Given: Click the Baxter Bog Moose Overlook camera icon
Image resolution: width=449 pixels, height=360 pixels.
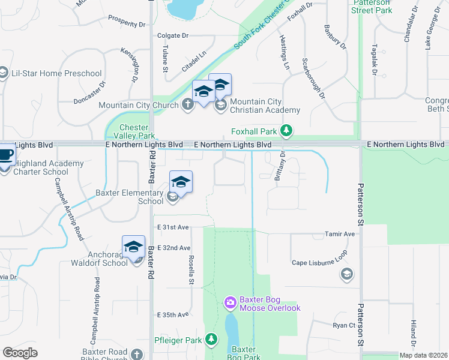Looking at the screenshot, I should pos(230,303).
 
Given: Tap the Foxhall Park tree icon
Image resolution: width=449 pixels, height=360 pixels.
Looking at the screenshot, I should pos(287,130).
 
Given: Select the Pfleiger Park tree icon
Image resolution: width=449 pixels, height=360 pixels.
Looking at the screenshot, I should pos(211,340).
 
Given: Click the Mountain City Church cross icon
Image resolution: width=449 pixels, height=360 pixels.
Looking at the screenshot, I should pos(187,105).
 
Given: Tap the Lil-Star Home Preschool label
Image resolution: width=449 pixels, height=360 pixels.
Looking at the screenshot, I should pos(56,74).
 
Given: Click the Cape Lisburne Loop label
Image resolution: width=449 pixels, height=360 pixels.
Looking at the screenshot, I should pos(319,263).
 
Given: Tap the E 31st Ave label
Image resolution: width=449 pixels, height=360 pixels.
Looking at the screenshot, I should pos(173,227).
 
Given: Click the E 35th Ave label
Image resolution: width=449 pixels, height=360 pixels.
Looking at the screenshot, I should pos(173,314).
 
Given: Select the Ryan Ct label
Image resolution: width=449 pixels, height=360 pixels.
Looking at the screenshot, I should pos(345,325).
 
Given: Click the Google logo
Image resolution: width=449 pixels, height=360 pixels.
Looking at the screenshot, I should pos(20,353).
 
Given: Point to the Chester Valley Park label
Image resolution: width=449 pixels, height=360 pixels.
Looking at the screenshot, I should pos(133,131).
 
